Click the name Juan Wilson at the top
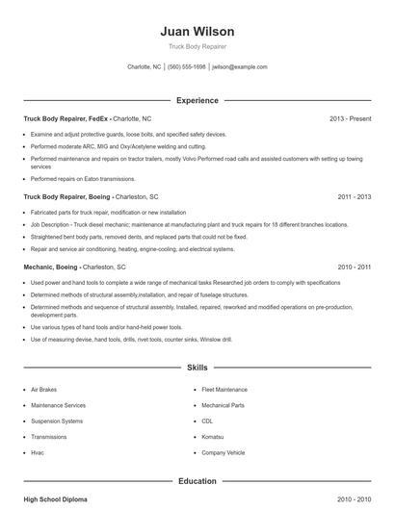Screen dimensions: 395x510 [197, 32]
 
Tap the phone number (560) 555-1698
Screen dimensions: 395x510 [187, 67]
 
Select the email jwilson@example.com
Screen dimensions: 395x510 [240, 67]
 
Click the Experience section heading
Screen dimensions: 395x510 [197, 100]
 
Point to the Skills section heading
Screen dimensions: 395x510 [197, 368]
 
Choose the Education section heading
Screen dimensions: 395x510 [197, 480]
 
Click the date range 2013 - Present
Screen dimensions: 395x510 [350, 118]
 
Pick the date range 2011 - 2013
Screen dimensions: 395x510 [354, 196]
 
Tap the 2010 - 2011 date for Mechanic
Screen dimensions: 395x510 [354, 266]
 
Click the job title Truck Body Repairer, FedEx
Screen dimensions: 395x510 [65, 118]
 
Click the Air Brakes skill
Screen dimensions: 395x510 [45, 390]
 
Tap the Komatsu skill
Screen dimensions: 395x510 [214, 436]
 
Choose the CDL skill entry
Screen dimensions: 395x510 [207, 421]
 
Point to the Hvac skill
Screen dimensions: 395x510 [39, 452]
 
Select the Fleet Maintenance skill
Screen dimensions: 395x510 [224, 390]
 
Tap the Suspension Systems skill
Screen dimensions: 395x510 [57, 421]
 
